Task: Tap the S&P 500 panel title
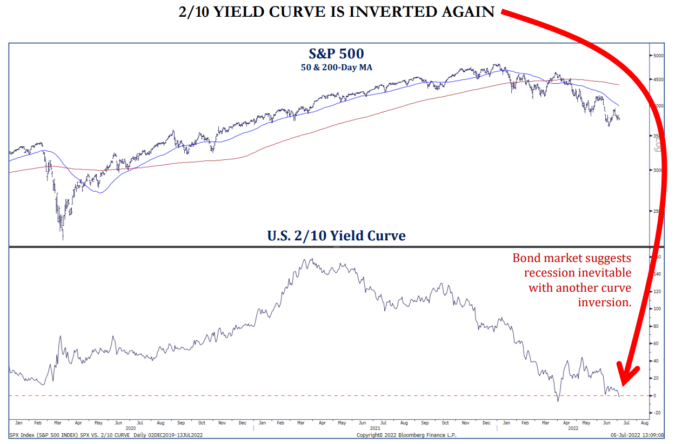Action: click(336, 53)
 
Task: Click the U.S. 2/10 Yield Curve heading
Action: click(336, 236)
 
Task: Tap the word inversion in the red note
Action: click(604, 302)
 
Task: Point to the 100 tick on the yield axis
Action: click(656, 309)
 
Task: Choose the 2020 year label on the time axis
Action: click(130, 427)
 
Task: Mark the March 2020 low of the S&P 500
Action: click(63, 238)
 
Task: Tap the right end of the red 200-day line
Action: click(619, 84)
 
